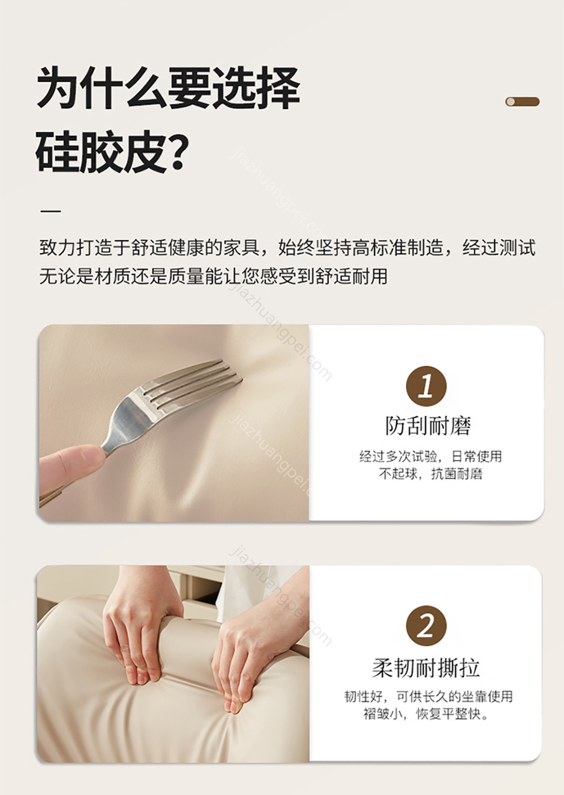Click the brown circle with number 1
pos(426,386)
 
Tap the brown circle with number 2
pos(426,626)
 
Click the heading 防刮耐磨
pos(428,425)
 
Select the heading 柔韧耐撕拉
pos(426,667)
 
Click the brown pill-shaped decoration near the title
pos(522,102)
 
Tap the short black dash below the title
pos(51,211)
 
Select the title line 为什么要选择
pos(168,87)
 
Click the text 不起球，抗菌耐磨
pos(431,474)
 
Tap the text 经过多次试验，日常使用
pos(431,456)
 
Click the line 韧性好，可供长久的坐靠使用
pos(429,696)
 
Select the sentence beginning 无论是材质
pos(213,276)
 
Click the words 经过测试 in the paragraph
pos(499,247)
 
